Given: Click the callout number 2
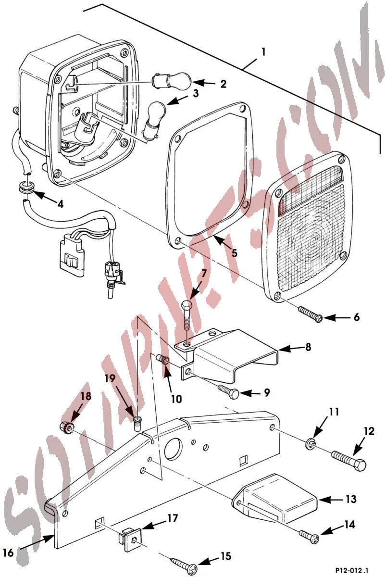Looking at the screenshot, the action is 223,84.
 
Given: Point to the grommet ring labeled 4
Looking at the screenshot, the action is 26,188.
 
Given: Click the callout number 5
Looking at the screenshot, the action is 234,253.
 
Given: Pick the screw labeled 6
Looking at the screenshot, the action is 310,314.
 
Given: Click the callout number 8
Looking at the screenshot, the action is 308,347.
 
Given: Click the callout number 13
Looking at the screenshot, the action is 351,499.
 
